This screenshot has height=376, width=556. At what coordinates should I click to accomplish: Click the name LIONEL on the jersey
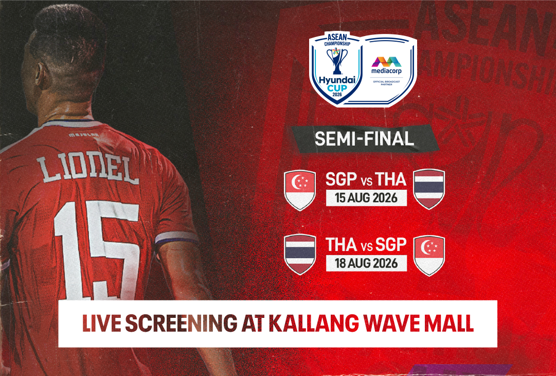pyautogui.click(x=88, y=170)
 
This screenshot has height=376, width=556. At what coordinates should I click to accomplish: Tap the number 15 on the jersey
pyautogui.click(x=97, y=248)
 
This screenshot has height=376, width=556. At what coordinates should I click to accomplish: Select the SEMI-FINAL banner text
pyautogui.click(x=364, y=139)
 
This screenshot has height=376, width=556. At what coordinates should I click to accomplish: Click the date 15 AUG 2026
pyautogui.click(x=366, y=198)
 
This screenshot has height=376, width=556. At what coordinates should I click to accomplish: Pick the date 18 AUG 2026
pyautogui.click(x=366, y=263)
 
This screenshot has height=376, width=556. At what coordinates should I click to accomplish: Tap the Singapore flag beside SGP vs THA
pyautogui.click(x=300, y=190)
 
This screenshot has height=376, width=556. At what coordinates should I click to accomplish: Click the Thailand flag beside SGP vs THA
pyautogui.click(x=429, y=189)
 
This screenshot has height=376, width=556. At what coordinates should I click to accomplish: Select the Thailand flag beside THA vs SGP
pyautogui.click(x=300, y=254)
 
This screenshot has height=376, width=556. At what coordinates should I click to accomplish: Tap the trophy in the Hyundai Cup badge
pyautogui.click(x=337, y=60)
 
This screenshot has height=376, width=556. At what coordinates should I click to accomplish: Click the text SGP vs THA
pyautogui.click(x=366, y=180)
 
